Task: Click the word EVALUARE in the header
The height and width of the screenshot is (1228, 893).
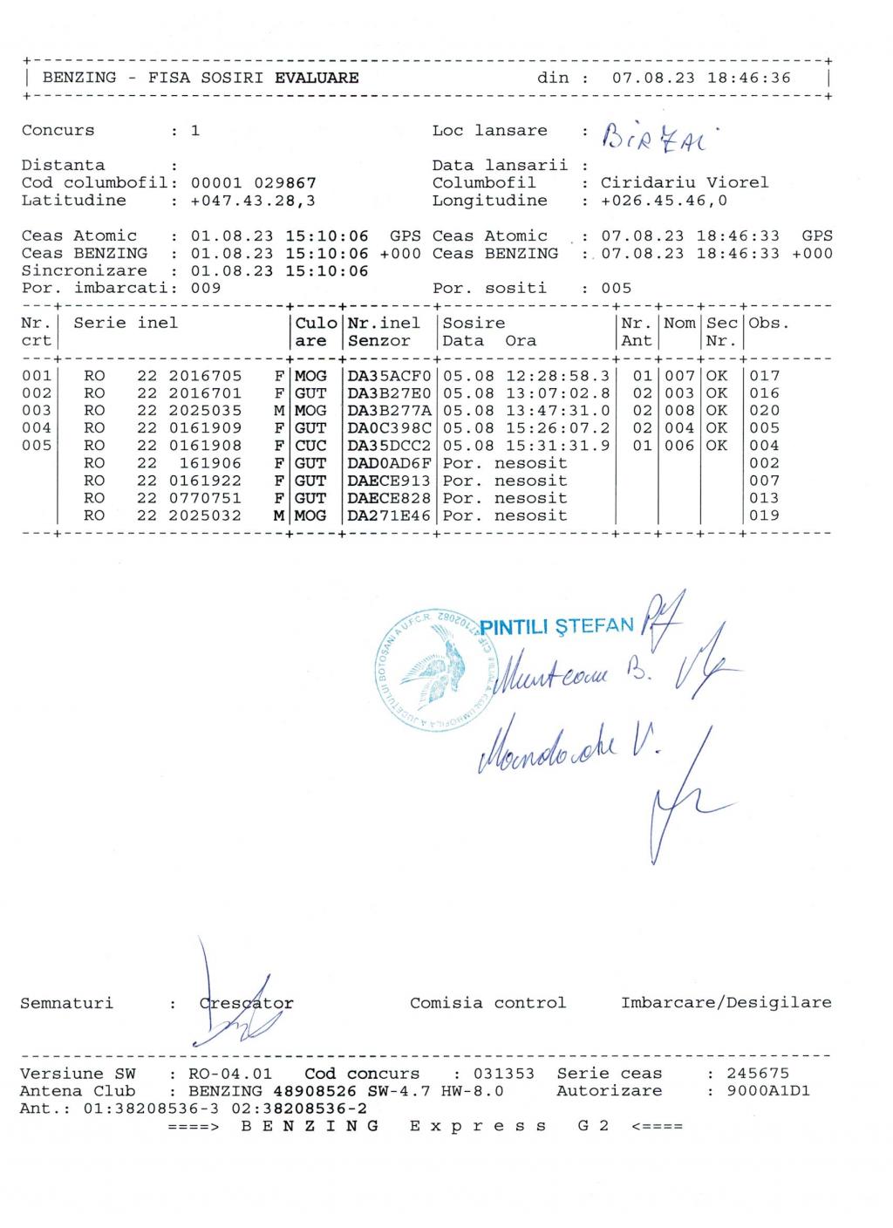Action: coord(317,78)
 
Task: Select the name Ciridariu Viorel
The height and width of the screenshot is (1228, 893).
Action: coord(685,183)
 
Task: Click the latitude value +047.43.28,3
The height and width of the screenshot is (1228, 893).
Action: coord(253,201)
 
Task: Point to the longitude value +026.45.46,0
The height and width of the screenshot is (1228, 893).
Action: coord(664,201)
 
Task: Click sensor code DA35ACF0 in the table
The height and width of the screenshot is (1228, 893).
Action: coord(389,376)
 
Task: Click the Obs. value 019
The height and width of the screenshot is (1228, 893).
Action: coord(764,515)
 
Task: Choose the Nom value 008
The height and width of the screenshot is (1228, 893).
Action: coord(679,411)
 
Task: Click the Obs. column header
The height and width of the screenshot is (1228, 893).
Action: coord(767,324)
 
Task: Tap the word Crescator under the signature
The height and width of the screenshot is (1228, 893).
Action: coord(247,1003)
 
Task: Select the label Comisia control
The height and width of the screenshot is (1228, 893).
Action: coord(487,1003)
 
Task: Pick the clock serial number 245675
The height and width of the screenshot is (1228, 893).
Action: coord(757,1074)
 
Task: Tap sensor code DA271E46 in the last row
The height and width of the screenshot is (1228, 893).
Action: coord(389,515)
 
